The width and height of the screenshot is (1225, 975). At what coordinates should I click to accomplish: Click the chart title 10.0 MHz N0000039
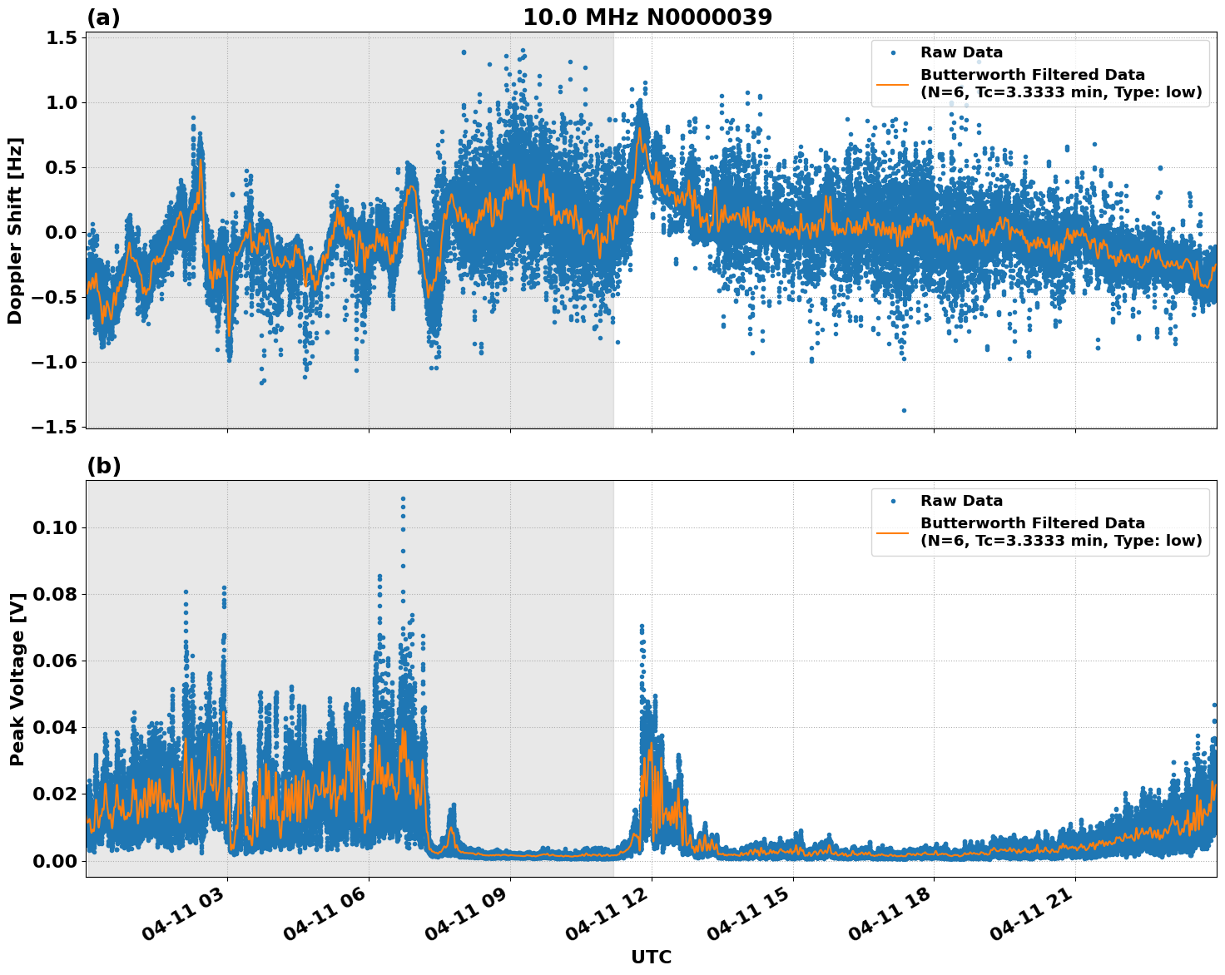coord(647,17)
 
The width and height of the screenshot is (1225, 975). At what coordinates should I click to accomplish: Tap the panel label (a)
coord(103,17)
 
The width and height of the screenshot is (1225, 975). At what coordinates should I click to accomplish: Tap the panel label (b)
coord(103,466)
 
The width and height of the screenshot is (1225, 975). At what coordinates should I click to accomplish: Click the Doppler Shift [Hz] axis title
coord(15,230)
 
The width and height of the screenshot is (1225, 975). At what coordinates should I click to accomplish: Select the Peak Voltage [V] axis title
coord(17,679)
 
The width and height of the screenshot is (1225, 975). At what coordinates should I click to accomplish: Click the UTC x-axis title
coord(651,957)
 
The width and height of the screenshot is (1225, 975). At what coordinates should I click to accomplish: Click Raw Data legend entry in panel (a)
coord(961,52)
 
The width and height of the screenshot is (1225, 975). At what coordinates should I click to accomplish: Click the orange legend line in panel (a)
coord(892,83)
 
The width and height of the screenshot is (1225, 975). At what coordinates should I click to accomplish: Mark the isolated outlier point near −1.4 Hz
coord(904,410)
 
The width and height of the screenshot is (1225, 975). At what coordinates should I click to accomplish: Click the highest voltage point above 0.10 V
coord(403,499)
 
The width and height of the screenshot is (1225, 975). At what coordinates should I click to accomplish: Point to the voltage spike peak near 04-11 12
coord(641,626)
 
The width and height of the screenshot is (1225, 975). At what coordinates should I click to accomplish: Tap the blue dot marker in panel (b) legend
coord(893,501)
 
